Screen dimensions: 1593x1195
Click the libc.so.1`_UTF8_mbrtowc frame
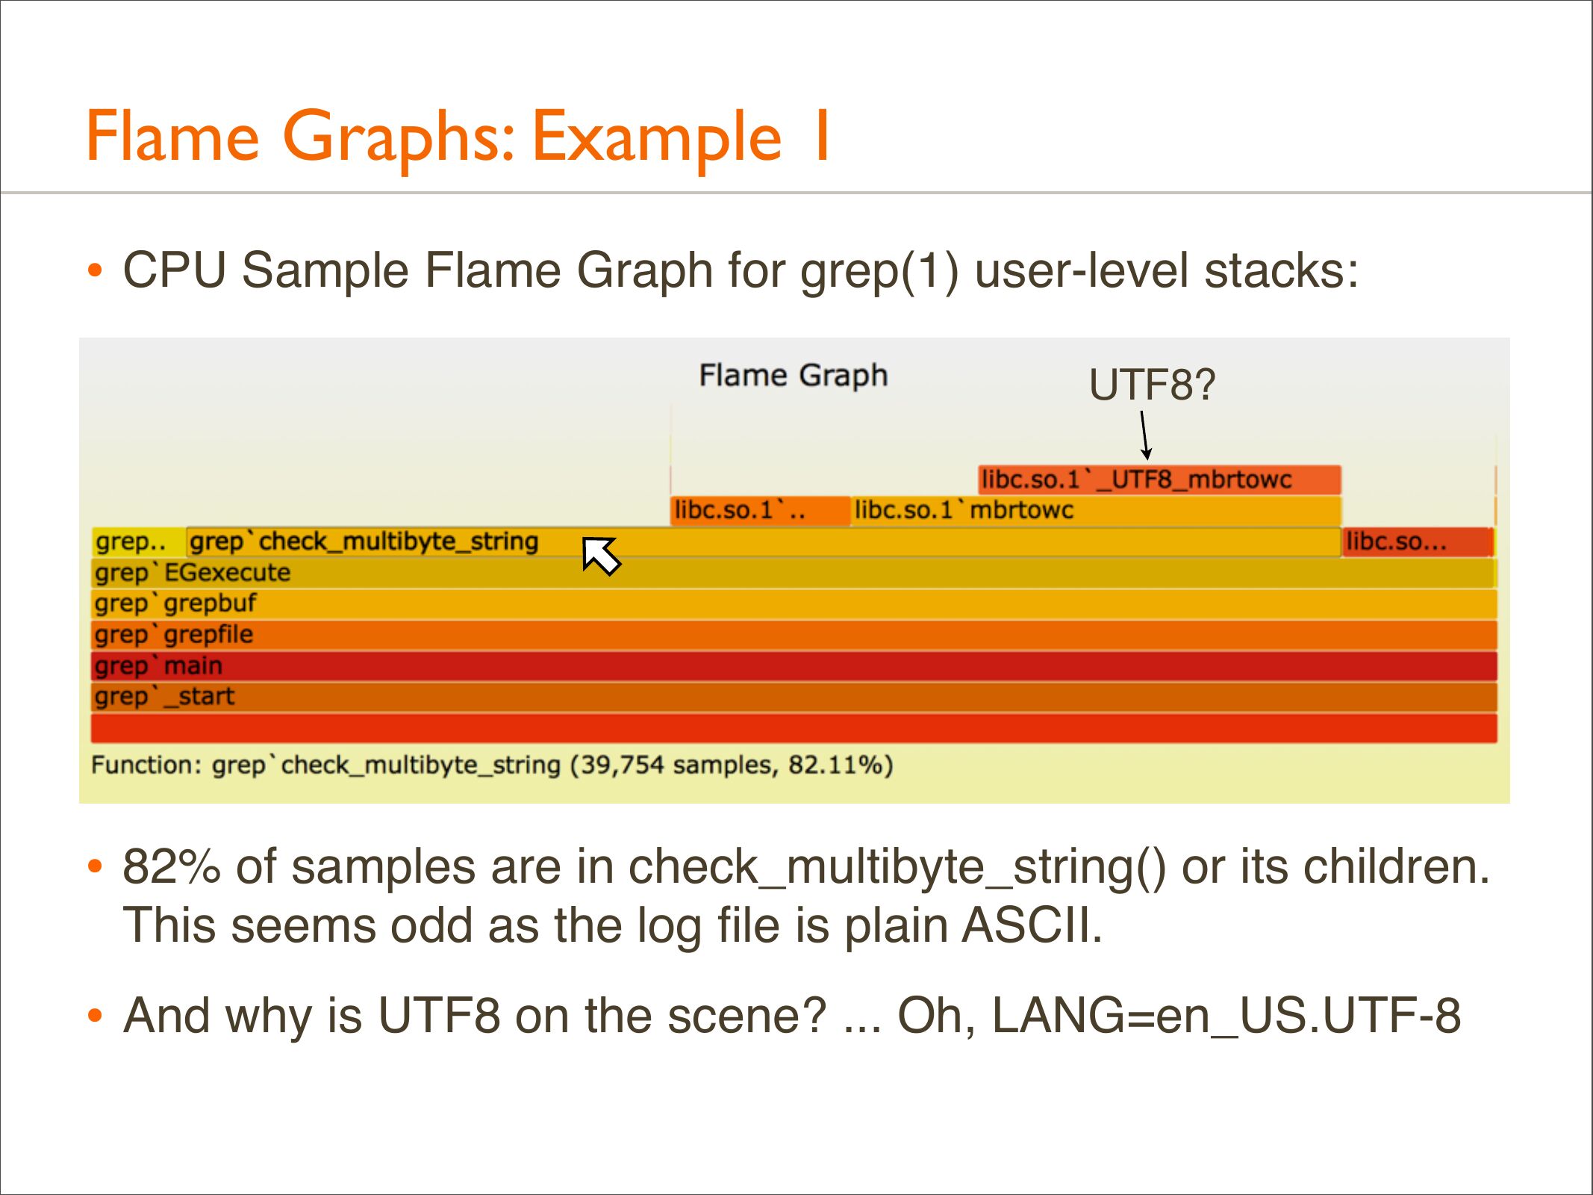click(1159, 479)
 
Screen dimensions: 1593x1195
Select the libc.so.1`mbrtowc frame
click(1096, 511)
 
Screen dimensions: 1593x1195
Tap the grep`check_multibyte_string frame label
click(364, 541)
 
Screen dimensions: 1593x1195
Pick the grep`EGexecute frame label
click(193, 573)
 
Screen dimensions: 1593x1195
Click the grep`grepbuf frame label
click(175, 603)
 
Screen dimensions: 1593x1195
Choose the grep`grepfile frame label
click(174, 635)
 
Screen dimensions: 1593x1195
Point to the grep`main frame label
click(158, 665)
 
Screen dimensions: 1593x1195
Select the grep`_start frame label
click(164, 697)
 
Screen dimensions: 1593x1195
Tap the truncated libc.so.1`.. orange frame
click(760, 511)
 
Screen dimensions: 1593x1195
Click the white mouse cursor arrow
click(601, 556)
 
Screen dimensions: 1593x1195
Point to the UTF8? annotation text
click(1152, 385)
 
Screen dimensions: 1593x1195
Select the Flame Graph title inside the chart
click(794, 376)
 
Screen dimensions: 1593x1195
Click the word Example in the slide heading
click(657, 137)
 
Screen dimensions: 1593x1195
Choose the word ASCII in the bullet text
click(1032, 925)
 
